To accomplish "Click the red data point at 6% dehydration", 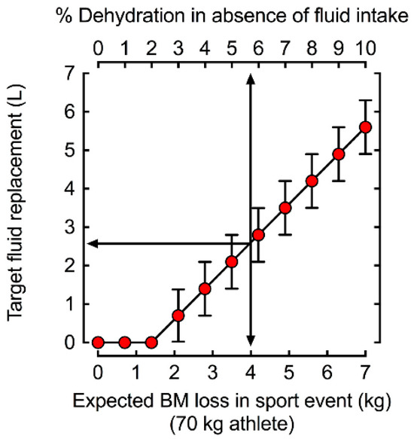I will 258,235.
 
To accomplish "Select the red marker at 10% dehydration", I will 366,127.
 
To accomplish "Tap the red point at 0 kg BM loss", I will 98,343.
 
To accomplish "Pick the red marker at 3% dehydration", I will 178,316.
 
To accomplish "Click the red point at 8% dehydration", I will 312,181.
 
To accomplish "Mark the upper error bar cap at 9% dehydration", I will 339,148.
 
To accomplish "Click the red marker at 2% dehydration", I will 151,343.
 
